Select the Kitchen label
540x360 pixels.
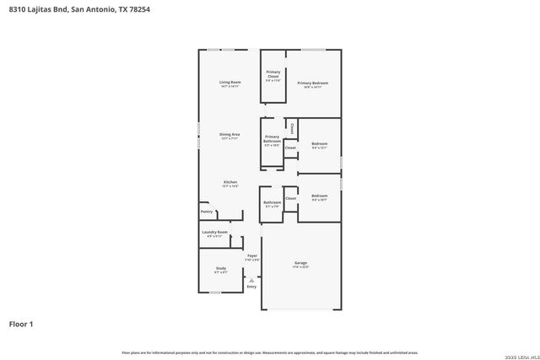coord(230,183)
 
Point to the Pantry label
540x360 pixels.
coord(207,212)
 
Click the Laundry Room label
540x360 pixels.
coord(215,234)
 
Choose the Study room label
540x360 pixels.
coord(220,270)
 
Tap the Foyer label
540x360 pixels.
coord(251,256)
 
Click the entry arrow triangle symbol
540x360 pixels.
coord(251,280)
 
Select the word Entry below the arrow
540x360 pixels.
coord(251,287)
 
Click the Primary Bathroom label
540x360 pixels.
coord(272,140)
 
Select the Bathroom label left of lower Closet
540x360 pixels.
coord(272,203)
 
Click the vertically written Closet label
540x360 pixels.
coord(292,129)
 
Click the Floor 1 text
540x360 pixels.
coord(21,323)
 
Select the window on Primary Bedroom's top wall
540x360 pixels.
coord(314,50)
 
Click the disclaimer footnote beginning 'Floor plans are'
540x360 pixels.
coord(269,352)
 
